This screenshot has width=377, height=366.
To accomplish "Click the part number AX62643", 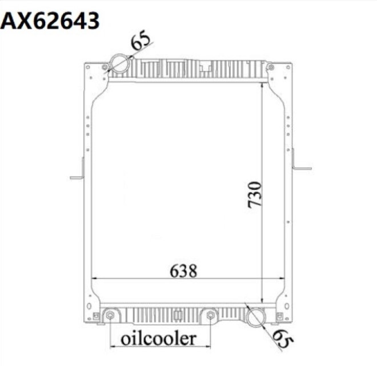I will (50, 21).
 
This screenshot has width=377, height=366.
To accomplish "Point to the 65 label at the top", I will (141, 42).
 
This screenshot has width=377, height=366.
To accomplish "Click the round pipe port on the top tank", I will (119, 62).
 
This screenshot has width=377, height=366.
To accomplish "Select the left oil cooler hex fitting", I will (110, 316).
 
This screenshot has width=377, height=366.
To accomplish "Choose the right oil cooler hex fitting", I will (211, 316).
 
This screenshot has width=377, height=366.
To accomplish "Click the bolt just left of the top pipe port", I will (105, 68).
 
